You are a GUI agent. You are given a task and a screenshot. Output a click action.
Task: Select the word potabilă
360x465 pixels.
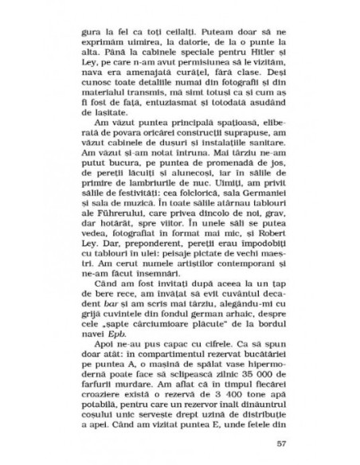click(x=100, y=405)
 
